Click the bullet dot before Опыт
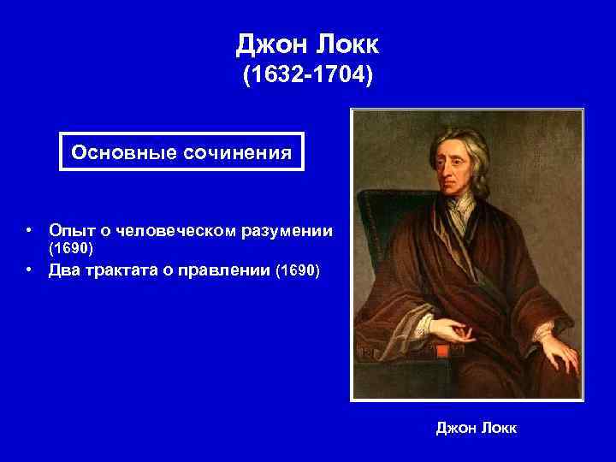click(x=29, y=230)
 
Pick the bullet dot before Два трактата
click(x=29, y=271)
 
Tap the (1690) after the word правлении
click(x=297, y=271)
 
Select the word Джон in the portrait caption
click(x=453, y=426)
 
